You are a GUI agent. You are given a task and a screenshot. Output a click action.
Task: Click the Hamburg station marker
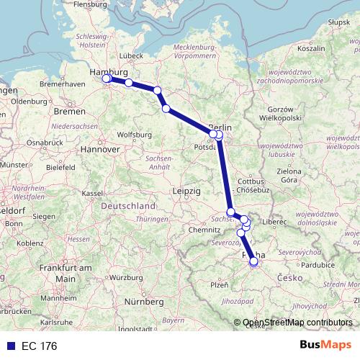click(x=107, y=79)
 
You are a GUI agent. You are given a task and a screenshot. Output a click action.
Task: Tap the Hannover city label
click(x=100, y=150)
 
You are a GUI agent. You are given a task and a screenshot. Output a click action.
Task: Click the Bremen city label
click(x=70, y=112)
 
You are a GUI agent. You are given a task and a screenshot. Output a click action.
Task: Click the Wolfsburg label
click(x=132, y=135)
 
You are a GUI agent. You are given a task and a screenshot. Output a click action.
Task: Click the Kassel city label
click(x=92, y=194)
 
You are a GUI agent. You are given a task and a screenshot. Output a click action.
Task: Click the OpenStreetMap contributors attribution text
click(x=297, y=323)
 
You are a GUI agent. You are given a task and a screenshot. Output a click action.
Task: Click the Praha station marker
click(x=253, y=262)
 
